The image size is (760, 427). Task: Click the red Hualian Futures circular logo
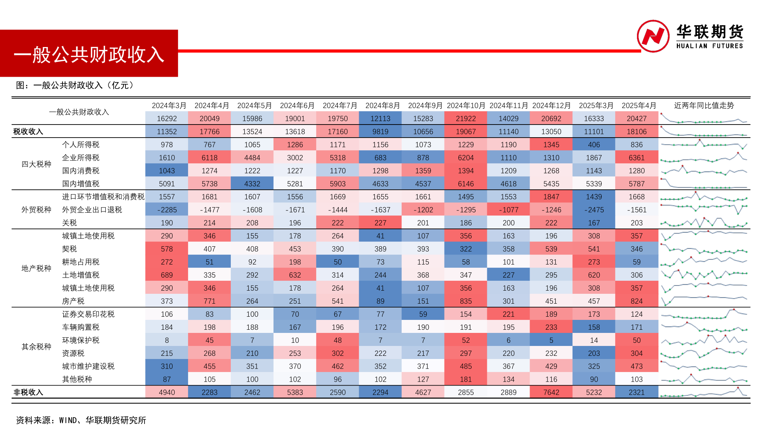coord(653,36)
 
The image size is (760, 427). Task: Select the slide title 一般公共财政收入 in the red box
coord(89,55)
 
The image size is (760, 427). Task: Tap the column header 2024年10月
coord(466,106)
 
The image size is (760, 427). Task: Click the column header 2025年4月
coord(638,106)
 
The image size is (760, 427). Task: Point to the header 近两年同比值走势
coord(704,106)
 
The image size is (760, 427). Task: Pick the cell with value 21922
coord(466,119)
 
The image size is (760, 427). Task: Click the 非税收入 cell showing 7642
coord(551,392)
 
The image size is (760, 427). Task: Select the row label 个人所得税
coord(81,145)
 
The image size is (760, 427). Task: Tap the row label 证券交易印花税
coord(88,314)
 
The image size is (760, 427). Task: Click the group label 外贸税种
coord(36,210)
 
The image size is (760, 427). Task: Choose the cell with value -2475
coord(594,210)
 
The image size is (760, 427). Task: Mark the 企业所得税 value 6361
coord(636,158)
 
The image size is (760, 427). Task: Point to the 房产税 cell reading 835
coord(466,301)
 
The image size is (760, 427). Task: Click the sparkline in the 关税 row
coord(704,223)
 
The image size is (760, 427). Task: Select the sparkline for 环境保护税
coord(704,340)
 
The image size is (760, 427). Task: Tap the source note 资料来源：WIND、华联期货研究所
coord(81,420)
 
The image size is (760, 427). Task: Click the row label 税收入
coord(28,131)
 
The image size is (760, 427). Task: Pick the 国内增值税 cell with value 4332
coord(252,184)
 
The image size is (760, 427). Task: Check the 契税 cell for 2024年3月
coord(167,249)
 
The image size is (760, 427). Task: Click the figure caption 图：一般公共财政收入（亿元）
coord(75,85)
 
